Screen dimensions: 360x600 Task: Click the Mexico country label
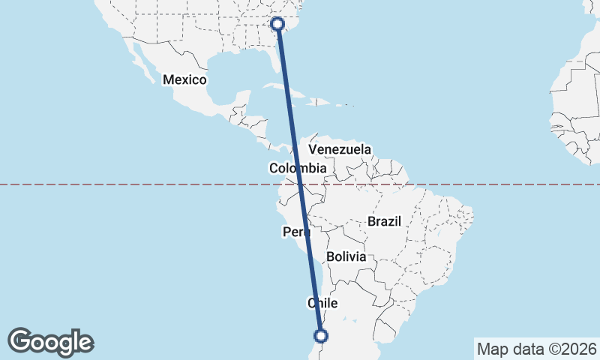coord(184,79)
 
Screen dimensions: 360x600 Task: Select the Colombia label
coord(298,169)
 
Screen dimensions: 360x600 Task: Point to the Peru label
coord(296,232)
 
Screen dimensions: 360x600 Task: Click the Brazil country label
coord(385,221)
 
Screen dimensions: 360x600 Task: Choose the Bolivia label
coord(346,256)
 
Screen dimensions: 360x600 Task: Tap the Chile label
coord(323,303)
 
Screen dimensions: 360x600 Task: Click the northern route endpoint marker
coord(277,24)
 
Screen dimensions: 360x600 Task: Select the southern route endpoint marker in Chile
coord(321,336)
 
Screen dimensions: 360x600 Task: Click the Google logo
coord(50,342)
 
